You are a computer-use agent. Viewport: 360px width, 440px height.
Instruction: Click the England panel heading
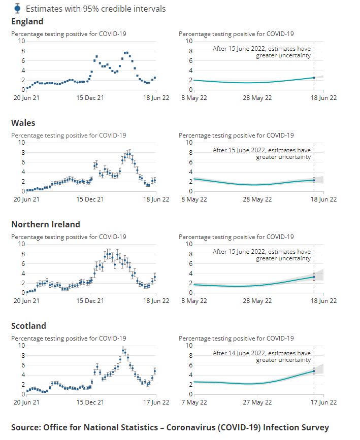[27, 21]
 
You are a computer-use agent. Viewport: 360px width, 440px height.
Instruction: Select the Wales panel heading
[23, 123]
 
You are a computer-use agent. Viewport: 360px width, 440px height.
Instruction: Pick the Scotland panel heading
[28, 326]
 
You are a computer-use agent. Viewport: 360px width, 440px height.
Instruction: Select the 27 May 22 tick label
[257, 402]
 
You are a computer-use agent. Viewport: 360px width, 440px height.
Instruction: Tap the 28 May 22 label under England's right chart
[257, 98]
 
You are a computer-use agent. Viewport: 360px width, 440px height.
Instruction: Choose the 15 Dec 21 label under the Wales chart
[90, 199]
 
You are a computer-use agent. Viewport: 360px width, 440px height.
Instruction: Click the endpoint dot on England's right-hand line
[314, 78]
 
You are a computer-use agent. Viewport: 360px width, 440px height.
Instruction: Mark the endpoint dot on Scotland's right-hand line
[314, 371]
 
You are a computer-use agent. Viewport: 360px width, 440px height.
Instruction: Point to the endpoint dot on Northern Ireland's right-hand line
[314, 277]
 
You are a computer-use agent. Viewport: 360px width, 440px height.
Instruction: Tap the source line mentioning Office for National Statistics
[170, 427]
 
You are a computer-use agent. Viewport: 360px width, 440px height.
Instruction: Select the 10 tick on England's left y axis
[21, 41]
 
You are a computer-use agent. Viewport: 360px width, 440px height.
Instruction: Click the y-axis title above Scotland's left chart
[69, 338]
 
